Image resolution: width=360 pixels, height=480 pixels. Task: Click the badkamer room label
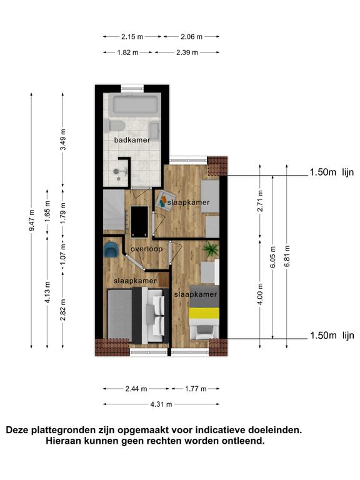click(x=132, y=140)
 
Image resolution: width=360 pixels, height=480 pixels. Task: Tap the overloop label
click(x=146, y=249)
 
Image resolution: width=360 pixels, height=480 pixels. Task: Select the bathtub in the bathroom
click(x=136, y=105)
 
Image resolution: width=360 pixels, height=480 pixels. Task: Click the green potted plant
click(x=211, y=249)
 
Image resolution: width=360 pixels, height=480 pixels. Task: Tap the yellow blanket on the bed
click(x=204, y=314)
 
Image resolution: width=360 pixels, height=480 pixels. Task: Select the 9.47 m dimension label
click(x=31, y=221)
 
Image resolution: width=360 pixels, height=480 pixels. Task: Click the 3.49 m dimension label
click(x=63, y=139)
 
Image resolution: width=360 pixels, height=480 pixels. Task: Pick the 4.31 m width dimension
click(x=161, y=404)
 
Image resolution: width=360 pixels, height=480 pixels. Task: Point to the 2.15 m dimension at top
click(x=132, y=37)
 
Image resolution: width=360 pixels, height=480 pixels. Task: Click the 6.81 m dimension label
click(x=287, y=256)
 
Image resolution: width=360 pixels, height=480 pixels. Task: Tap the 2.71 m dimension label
click(x=260, y=201)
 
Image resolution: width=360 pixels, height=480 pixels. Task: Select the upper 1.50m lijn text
click(x=332, y=172)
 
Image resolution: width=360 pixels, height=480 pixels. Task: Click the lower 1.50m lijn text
click(x=332, y=336)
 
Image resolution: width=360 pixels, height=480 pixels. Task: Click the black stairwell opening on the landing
click(x=139, y=222)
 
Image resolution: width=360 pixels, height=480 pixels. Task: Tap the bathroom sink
click(x=154, y=131)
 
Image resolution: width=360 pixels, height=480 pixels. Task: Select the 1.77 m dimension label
click(x=196, y=389)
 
